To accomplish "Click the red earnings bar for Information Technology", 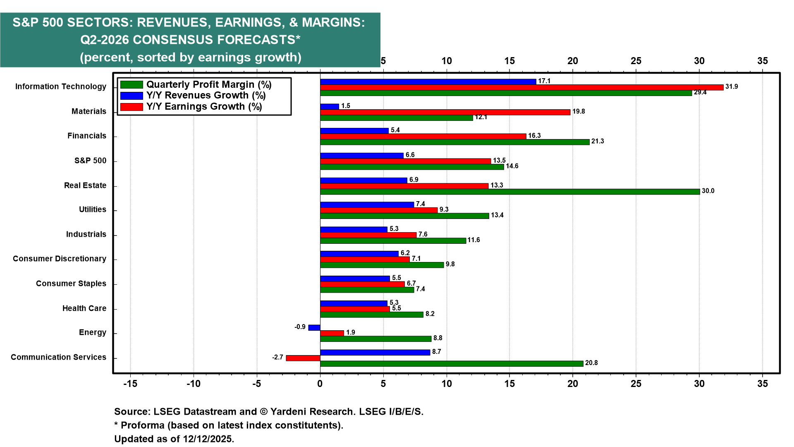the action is (x=522, y=87).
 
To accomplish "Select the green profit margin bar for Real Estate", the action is (x=510, y=192).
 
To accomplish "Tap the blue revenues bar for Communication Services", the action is (x=375, y=352).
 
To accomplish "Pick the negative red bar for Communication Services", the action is (x=303, y=358).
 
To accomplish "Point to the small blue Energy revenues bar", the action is (x=314, y=327).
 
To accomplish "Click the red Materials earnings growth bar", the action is (x=445, y=112).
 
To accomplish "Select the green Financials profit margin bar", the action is (x=455, y=142).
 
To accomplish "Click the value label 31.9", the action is (x=732, y=87).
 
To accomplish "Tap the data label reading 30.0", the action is (x=708, y=191).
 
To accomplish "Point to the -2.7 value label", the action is (x=277, y=357).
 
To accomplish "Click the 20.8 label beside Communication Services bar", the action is (x=591, y=363).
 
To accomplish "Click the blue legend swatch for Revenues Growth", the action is (x=132, y=96).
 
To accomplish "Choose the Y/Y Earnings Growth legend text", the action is (x=204, y=106).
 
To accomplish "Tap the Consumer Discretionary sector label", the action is (x=60, y=259).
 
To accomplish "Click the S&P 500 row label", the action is (x=90, y=161).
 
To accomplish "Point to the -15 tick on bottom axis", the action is (x=130, y=384).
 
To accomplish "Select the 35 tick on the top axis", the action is (x=763, y=61).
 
